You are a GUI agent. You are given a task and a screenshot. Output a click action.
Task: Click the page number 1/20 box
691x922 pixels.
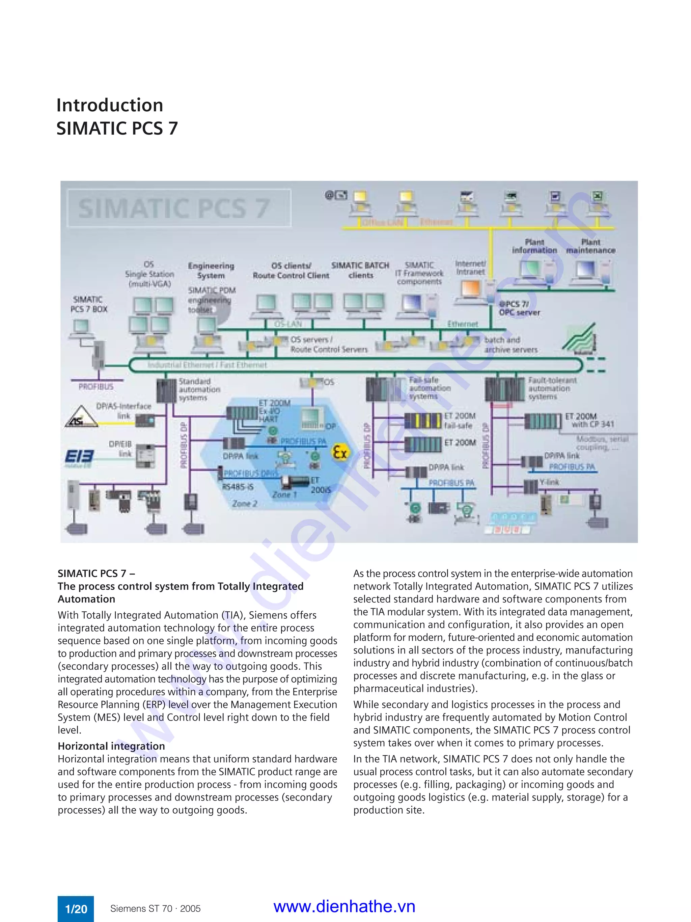76,909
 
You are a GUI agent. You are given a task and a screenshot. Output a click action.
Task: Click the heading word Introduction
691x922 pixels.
110,105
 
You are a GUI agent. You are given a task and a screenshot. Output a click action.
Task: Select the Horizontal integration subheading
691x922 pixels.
111,746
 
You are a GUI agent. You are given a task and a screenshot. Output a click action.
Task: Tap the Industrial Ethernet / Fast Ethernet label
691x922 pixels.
207,365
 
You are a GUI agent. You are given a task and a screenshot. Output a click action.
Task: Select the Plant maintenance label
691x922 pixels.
590,246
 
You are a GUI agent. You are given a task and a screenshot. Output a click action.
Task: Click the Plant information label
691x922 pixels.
534,246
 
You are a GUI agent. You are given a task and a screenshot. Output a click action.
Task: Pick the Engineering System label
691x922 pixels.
211,271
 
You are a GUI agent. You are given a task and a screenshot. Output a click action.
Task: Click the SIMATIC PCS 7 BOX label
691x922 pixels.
89,304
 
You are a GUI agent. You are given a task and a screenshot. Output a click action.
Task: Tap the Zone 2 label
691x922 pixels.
245,504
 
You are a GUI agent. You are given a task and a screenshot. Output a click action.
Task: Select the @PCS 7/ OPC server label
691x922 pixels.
519,308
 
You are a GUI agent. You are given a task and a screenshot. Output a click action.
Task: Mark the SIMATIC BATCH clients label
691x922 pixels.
360,270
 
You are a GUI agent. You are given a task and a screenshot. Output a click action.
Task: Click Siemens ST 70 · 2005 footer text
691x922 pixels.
155,909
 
